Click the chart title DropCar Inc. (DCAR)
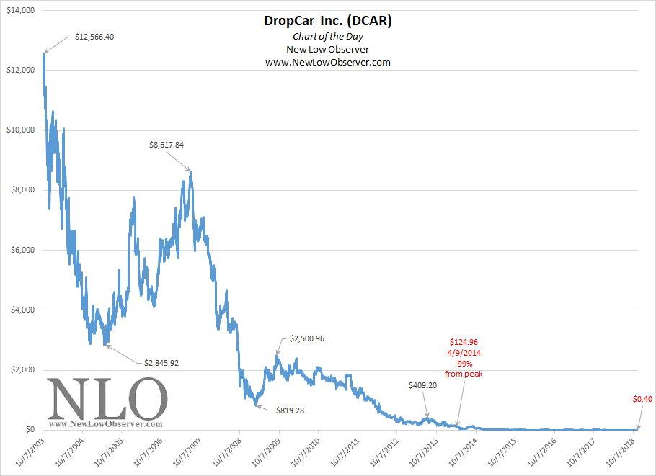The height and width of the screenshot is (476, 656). coord(327,22)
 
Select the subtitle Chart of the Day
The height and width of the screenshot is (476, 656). coord(327,36)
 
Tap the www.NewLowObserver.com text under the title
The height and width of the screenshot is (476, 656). coord(327,63)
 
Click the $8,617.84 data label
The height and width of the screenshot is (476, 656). coord(167,145)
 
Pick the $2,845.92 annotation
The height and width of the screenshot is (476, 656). coord(161,363)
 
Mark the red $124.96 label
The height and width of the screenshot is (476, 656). coord(465,341)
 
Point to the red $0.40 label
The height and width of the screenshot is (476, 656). coord(643,399)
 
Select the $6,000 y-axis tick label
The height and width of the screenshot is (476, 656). coord(22,250)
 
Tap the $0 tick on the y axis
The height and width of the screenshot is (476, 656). coord(29,430)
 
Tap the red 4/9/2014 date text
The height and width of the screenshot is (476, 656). coord(465,353)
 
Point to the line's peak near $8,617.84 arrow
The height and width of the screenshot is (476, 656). coord(190,171)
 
